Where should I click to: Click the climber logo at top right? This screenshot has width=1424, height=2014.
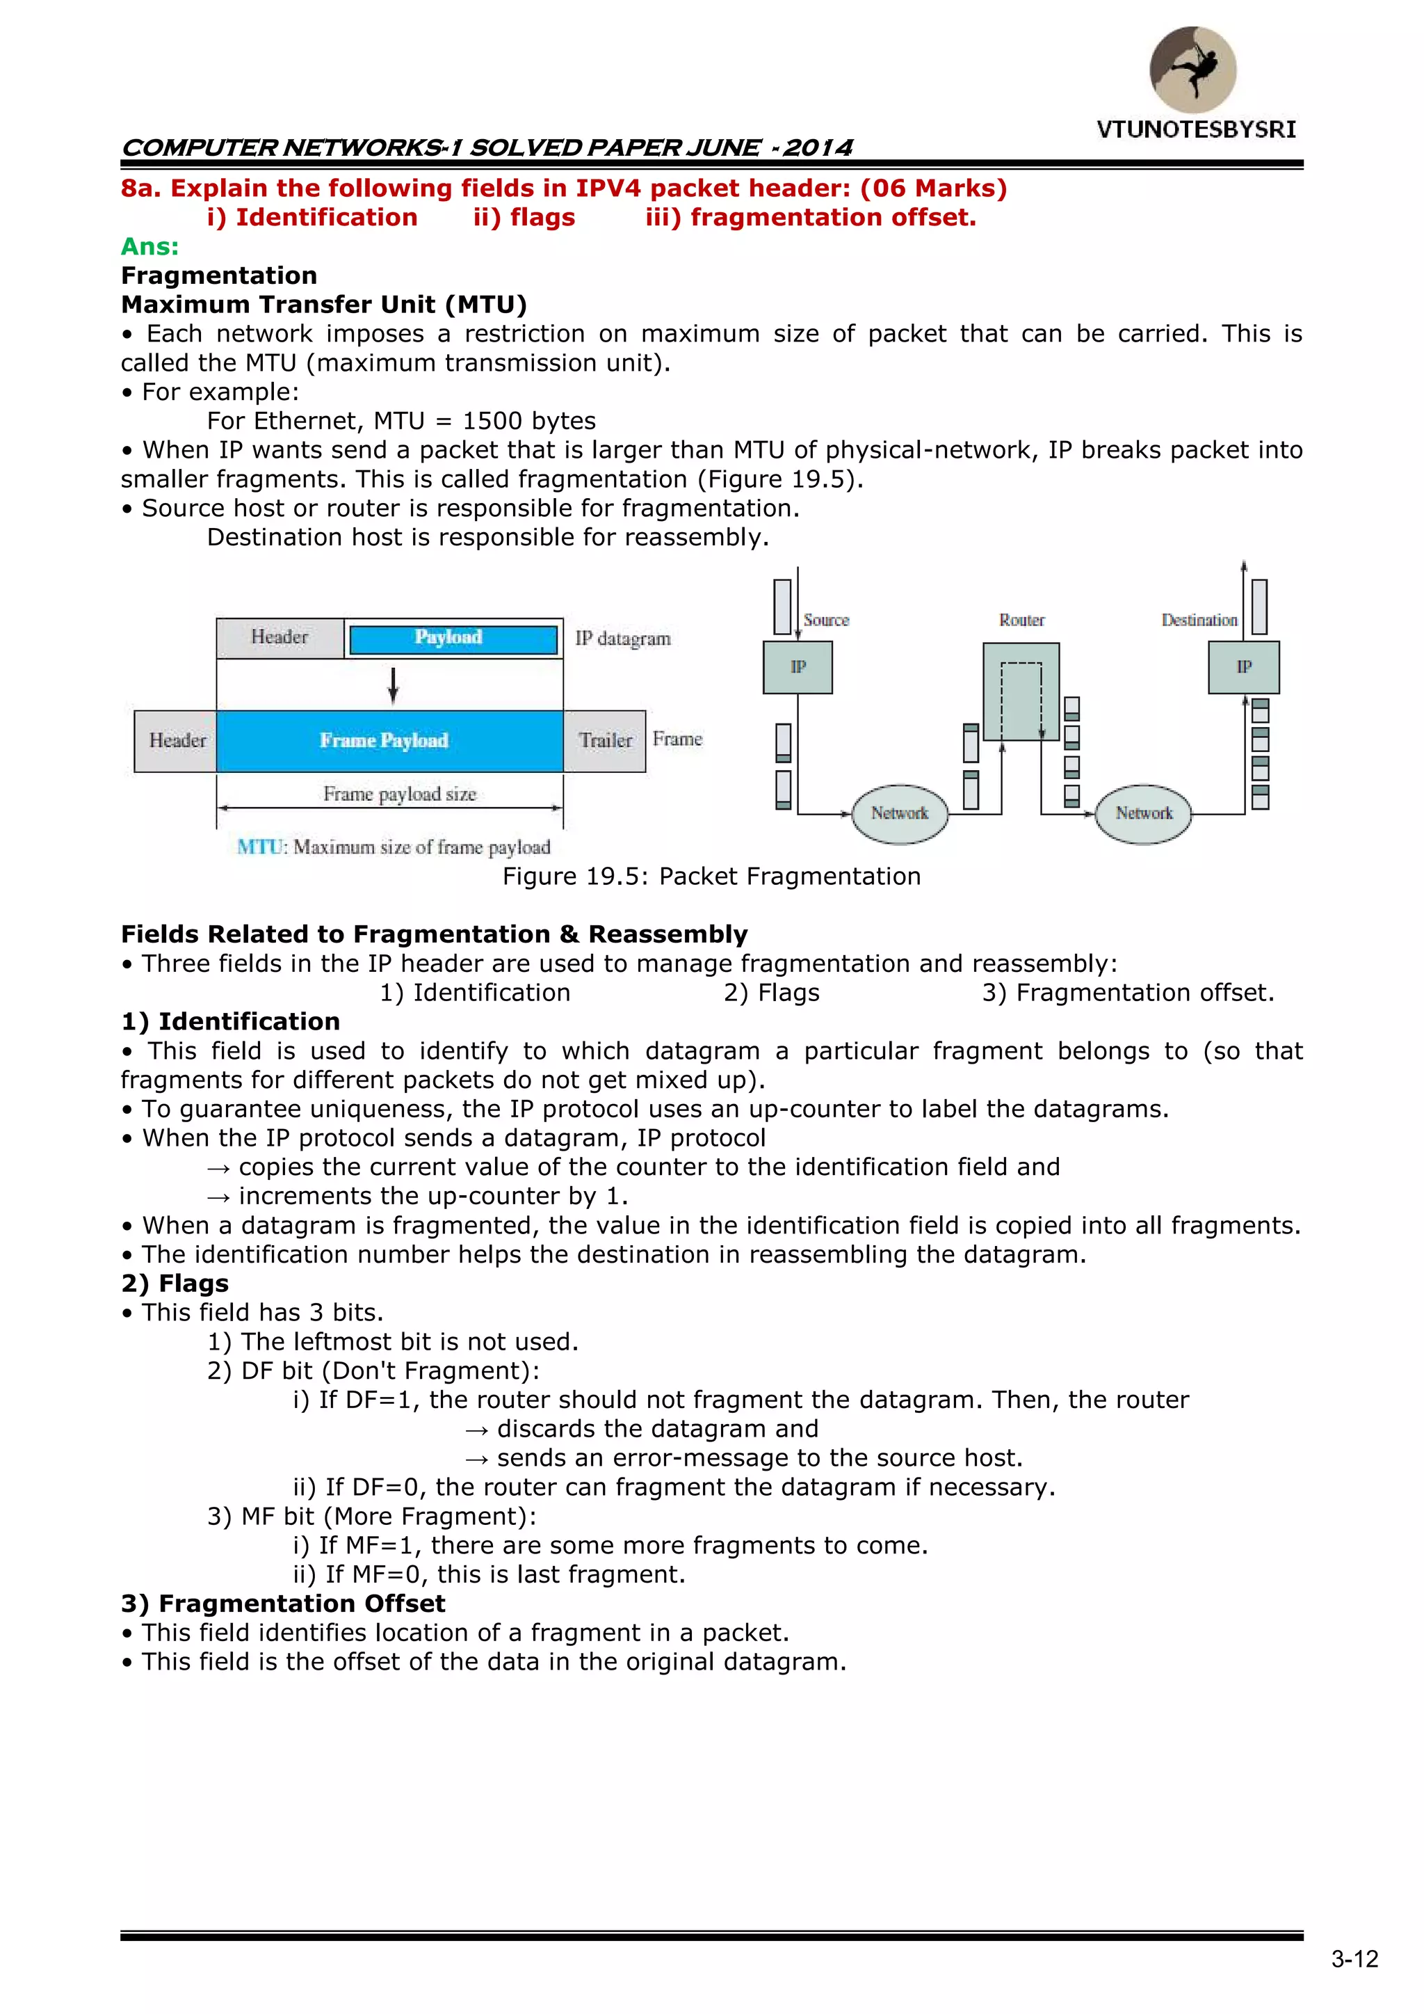(1192, 70)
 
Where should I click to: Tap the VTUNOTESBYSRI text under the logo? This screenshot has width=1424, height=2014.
(1195, 130)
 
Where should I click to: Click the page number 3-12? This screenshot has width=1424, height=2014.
(1354, 1959)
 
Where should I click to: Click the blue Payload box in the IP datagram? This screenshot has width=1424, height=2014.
(453, 639)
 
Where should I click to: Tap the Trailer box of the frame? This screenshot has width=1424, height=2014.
(605, 741)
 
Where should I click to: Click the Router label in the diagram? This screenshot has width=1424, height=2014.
(1021, 620)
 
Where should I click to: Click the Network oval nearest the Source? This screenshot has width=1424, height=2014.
(900, 813)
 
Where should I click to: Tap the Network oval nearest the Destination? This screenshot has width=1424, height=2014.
(1143, 813)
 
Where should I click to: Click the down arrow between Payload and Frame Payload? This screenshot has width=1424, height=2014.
(394, 685)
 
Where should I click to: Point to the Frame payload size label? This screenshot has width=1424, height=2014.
(400, 794)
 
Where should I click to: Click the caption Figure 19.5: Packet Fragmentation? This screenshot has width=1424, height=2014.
(711, 877)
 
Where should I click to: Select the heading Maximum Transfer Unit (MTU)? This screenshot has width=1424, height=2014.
(323, 305)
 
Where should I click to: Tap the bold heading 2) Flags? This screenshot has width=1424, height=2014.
(175, 1284)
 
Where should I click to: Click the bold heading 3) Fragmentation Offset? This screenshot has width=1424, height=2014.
(283, 1604)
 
